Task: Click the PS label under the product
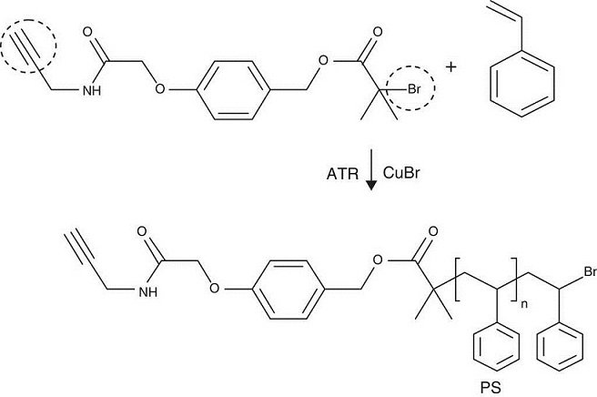coord(491,386)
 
